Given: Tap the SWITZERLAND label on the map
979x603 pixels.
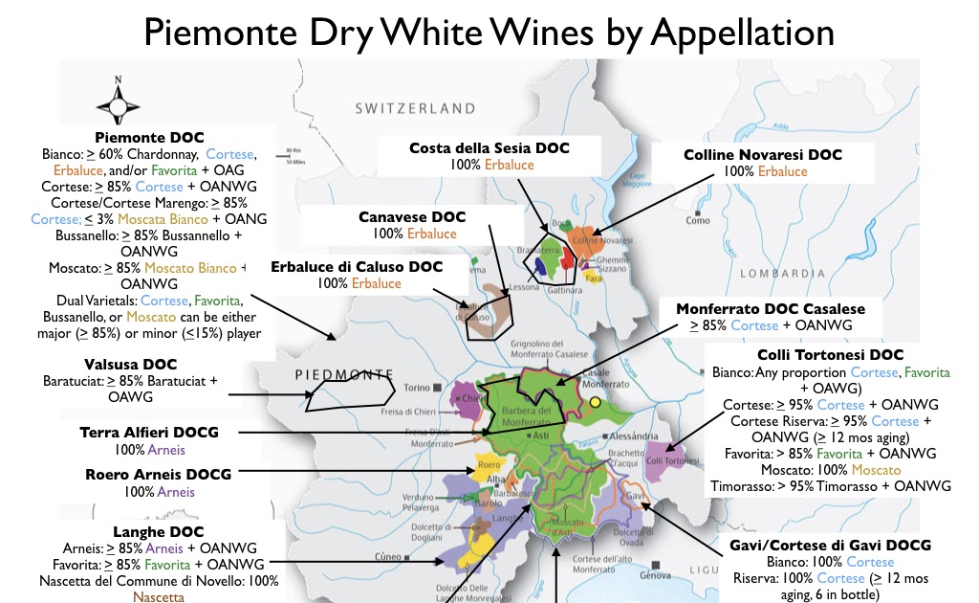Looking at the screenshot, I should click(x=415, y=108).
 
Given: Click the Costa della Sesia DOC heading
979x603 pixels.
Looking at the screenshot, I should click(x=489, y=148).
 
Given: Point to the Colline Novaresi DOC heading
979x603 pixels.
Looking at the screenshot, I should click(x=763, y=154).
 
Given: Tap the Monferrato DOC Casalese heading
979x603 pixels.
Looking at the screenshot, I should click(x=770, y=309).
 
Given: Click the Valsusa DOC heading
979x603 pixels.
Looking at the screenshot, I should click(x=130, y=364).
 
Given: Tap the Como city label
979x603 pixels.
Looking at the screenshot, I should click(x=697, y=221).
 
